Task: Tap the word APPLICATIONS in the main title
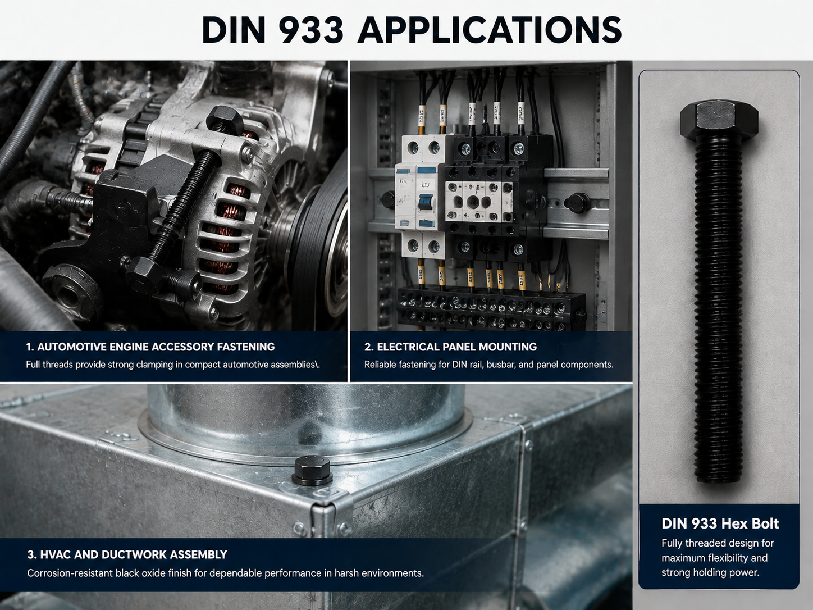coord(489,30)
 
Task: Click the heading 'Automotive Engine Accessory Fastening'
coord(150,347)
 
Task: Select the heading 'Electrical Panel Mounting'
coord(450,347)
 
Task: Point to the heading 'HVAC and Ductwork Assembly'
coord(127,554)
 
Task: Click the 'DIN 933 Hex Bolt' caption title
coord(720,523)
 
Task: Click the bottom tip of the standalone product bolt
coord(718,481)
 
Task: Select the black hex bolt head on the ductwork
coord(312,470)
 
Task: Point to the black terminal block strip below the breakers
coord(491,309)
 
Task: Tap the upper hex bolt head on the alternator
coord(224,119)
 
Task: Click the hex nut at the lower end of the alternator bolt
coord(145,275)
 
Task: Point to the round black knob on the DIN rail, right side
coord(578,202)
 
